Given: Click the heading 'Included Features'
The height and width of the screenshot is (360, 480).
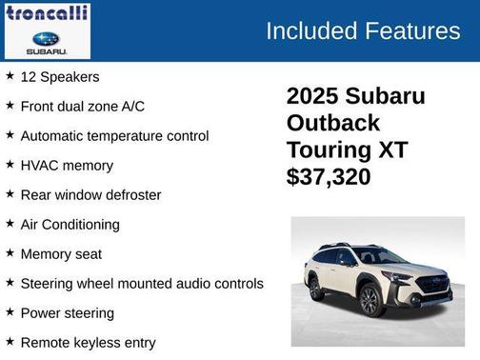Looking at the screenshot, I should [x=362, y=30].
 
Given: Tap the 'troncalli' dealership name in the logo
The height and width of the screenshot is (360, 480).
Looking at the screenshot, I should [x=47, y=12].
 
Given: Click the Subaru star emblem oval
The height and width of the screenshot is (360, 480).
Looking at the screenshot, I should [x=46, y=38].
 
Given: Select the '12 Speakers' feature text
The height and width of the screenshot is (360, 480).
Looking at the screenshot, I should [x=60, y=76].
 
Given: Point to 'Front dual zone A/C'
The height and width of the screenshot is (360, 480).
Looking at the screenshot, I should [x=83, y=106].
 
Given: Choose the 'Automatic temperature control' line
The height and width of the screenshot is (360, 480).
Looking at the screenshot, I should [x=114, y=135].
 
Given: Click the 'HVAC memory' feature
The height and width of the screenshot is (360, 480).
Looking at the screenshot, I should [x=67, y=165].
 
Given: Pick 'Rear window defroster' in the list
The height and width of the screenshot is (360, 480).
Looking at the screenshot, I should [x=90, y=194].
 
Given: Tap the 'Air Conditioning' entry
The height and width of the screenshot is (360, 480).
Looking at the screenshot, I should [x=70, y=224].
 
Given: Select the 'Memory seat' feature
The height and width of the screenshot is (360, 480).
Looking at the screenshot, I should [x=61, y=253].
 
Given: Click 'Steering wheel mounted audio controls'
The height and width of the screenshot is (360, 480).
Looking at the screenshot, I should [x=142, y=283].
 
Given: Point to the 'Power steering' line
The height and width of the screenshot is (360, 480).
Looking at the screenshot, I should [x=68, y=312].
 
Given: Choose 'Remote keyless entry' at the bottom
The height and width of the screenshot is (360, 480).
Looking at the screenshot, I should [x=88, y=342].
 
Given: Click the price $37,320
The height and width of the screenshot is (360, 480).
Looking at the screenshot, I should [x=329, y=176].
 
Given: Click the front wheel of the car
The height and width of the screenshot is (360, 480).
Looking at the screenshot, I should [x=370, y=300].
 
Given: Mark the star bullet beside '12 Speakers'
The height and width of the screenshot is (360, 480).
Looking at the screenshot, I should [x=10, y=75].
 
